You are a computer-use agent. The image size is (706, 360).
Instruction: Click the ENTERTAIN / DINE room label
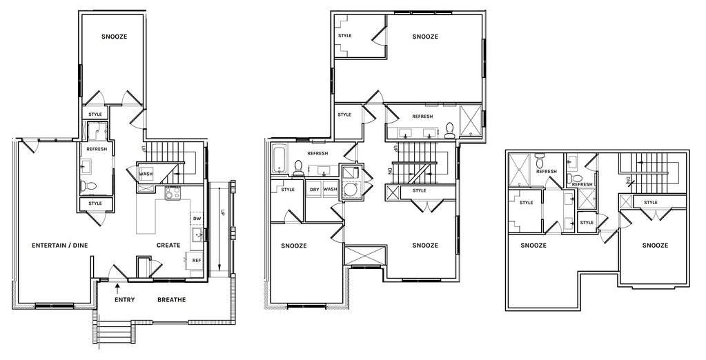60,246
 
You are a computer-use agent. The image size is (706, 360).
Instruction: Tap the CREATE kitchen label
168,246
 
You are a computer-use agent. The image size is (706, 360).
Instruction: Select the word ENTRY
125,300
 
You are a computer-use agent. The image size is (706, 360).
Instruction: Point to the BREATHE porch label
172,300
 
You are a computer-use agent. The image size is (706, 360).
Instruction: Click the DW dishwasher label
197,219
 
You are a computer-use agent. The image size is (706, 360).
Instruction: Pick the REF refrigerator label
196,261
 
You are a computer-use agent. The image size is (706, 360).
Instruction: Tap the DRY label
314,190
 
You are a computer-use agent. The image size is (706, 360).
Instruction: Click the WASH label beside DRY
330,190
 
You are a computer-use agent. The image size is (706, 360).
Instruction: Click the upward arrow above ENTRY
117,286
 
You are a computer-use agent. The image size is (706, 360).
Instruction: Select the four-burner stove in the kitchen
173,194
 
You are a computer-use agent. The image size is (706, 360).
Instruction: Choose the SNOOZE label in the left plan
114,37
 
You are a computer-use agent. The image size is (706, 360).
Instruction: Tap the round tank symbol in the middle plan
350,190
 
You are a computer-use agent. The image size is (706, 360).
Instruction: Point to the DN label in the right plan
627,181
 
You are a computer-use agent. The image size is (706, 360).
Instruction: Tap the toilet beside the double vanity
449,131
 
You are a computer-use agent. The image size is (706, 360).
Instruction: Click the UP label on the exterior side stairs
222,214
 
